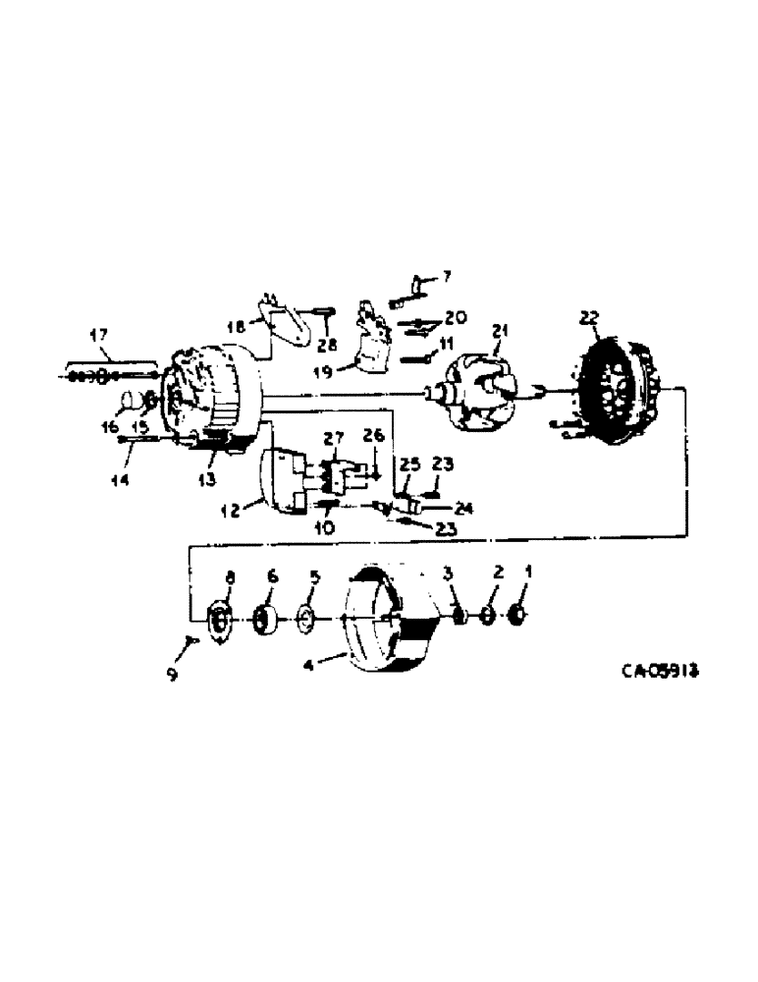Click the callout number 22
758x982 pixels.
click(588, 317)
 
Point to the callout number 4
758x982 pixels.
click(309, 664)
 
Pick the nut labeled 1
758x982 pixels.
click(519, 617)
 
